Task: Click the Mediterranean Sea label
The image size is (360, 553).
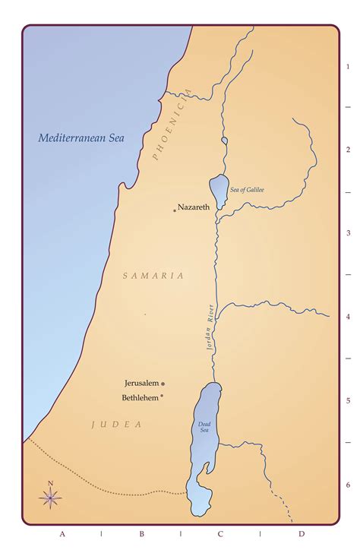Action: coord(81,138)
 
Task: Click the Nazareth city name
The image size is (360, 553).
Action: coord(194,207)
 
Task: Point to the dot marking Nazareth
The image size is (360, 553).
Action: coord(174,210)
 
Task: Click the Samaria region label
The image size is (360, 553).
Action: coord(153,276)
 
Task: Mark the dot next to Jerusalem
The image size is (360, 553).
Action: coord(163,384)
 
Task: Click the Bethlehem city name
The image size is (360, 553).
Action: coord(139,397)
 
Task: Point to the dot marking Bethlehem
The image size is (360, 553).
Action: coord(162,397)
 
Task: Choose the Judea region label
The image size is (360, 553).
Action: coord(117,425)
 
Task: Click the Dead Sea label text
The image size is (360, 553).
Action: coord(204,427)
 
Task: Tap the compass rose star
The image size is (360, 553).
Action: coord(50,498)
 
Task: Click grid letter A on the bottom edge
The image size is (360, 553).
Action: coord(62,534)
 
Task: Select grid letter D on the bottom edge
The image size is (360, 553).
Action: coord(301,534)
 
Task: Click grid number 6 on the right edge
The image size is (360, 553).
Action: coord(348,485)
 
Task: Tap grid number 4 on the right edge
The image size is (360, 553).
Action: coord(348,317)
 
